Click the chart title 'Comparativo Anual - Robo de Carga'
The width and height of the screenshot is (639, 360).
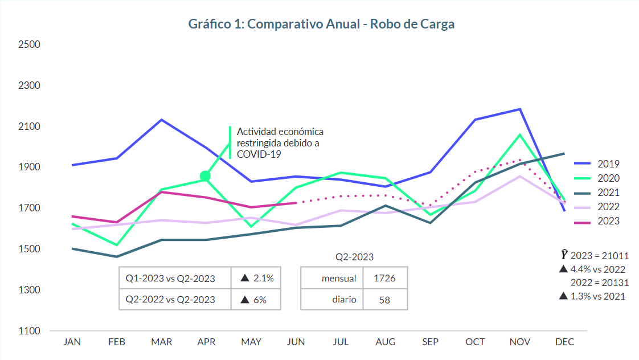tap(321, 24)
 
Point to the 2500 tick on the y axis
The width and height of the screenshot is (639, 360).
tap(28, 44)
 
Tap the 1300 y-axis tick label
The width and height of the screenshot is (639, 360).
tap(28, 290)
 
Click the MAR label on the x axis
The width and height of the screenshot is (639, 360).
tap(162, 342)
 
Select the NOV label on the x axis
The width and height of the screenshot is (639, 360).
tap(520, 342)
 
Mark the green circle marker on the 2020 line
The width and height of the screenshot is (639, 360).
tap(206, 177)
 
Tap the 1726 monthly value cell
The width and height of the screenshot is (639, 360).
tap(384, 279)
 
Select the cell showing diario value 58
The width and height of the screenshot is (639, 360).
tap(384, 300)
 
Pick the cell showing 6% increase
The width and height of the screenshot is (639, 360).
tap(255, 300)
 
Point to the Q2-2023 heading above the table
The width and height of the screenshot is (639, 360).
tap(354, 257)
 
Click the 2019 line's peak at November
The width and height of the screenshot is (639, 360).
tap(520, 109)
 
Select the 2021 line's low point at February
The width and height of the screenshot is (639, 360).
tap(117, 257)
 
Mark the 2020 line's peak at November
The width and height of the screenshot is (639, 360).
tap(520, 134)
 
